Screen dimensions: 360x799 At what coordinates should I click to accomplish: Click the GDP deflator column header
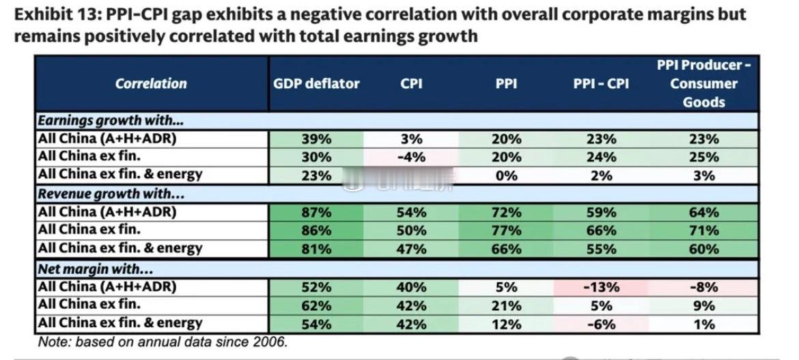tap(316, 84)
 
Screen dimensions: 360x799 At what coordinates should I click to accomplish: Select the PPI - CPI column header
tap(602, 84)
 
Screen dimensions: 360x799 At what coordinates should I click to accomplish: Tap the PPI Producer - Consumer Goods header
tap(703, 84)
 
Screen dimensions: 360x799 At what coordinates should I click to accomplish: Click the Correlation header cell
tap(151, 84)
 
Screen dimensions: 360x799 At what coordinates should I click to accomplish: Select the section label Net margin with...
tap(95, 268)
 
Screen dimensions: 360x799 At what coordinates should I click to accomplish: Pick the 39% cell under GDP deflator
tap(316, 139)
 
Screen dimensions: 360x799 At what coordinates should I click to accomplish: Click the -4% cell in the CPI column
tap(412, 157)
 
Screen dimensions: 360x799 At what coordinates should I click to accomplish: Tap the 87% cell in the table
tap(316, 212)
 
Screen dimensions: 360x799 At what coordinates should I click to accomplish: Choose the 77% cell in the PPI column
tap(506, 231)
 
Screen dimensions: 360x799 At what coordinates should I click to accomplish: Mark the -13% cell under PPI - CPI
tap(602, 287)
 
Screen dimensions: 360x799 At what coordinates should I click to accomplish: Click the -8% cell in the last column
tap(703, 287)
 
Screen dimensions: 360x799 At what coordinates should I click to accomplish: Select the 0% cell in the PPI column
tap(506, 176)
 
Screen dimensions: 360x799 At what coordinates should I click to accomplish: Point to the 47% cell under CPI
tap(412, 249)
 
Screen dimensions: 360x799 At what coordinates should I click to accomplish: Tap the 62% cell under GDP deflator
tap(316, 305)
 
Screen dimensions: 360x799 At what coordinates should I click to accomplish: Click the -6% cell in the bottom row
tap(602, 324)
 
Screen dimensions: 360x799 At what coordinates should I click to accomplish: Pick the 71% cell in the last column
tap(703, 231)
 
